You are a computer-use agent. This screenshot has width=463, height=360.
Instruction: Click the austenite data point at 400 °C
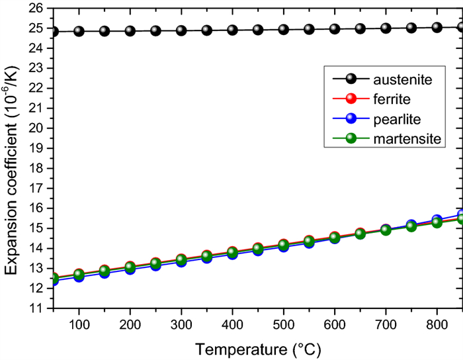(232, 30)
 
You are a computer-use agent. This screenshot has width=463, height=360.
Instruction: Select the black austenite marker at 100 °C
(79, 31)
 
